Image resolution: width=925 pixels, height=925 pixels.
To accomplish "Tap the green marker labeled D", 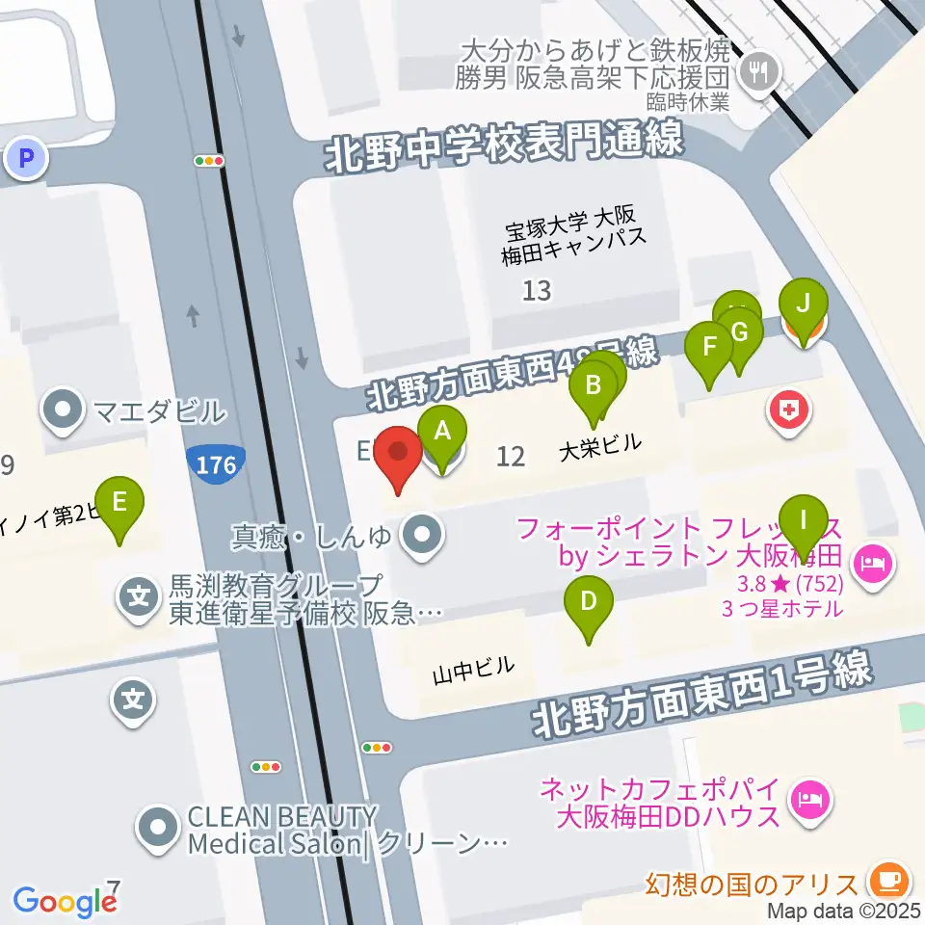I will (589, 605).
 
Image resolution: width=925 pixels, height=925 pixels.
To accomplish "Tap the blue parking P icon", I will (26, 156).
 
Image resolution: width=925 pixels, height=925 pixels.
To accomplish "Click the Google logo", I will (64, 901).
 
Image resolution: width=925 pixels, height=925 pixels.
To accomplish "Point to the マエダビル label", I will (159, 412).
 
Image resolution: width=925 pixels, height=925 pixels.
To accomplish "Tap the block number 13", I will (537, 289).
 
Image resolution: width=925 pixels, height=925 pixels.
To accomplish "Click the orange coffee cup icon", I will (885, 880).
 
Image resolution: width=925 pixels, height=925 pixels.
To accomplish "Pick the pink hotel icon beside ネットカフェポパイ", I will (806, 798).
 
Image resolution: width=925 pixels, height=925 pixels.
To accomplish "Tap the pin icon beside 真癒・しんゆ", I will (420, 536).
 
